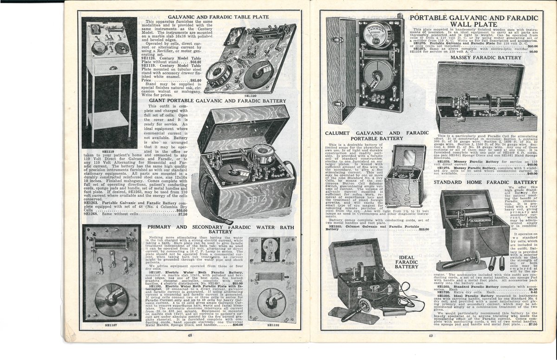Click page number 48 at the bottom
tap(190, 335)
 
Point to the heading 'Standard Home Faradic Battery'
tap(486, 182)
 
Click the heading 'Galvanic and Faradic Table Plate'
tap(218, 17)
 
